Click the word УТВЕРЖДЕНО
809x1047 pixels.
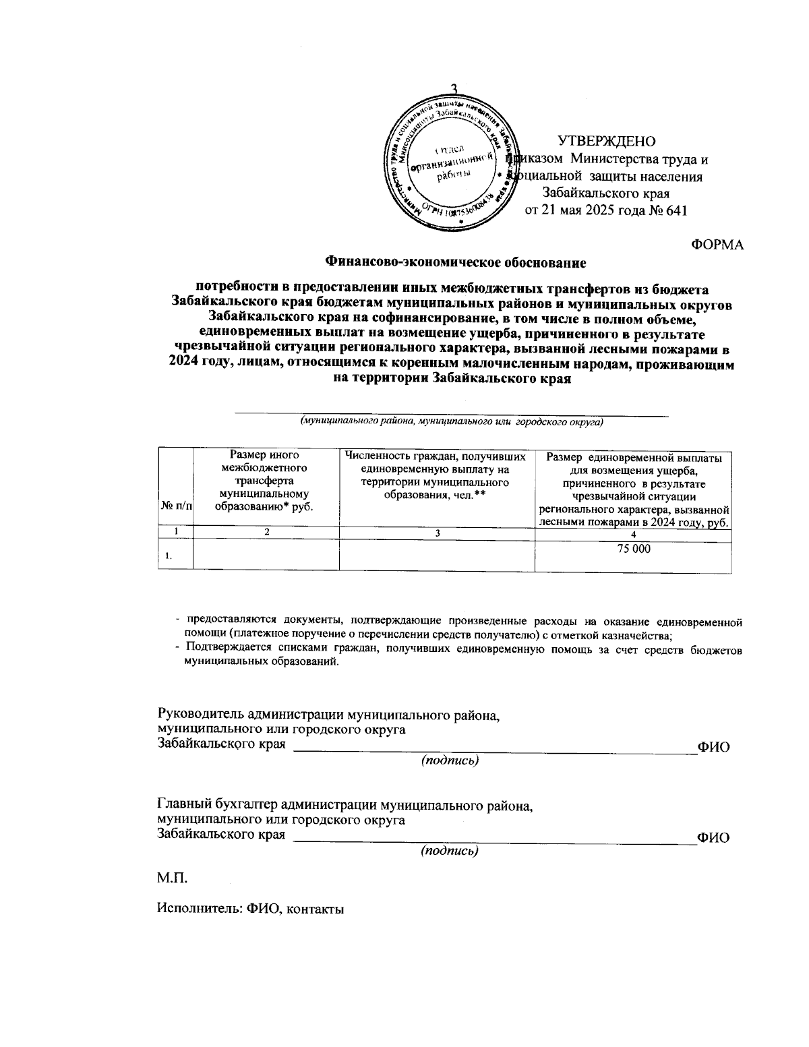[606, 142]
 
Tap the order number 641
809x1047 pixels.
[675, 210]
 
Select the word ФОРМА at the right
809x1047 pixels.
[717, 245]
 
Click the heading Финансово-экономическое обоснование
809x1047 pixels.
[456, 261]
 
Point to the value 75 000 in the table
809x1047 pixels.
[634, 549]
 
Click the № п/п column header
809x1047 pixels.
[175, 505]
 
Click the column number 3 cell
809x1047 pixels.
[437, 533]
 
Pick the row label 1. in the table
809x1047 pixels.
[168, 556]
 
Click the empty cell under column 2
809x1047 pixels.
[266, 556]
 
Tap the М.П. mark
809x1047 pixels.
[172, 878]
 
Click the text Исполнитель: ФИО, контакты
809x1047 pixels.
[250, 908]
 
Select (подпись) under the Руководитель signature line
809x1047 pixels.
[450, 760]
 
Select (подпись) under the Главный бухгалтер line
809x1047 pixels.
[449, 851]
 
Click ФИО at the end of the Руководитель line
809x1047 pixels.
[714, 747]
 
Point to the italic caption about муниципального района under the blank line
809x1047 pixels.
[451, 423]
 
